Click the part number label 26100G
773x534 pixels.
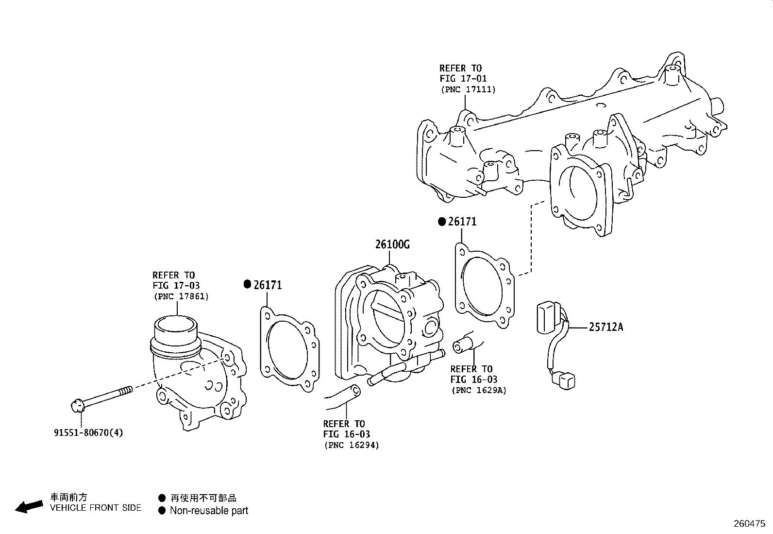(x=392, y=244)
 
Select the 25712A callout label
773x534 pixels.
(x=605, y=327)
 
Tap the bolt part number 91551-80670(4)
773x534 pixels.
(x=88, y=432)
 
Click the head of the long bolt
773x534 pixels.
(x=77, y=404)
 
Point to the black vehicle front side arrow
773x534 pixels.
(x=29, y=506)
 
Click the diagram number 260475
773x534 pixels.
(x=749, y=524)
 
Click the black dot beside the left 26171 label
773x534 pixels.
(x=247, y=285)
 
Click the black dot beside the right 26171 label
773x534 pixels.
(x=442, y=222)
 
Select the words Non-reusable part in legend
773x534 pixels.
(x=209, y=511)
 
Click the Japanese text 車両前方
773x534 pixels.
(x=69, y=497)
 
